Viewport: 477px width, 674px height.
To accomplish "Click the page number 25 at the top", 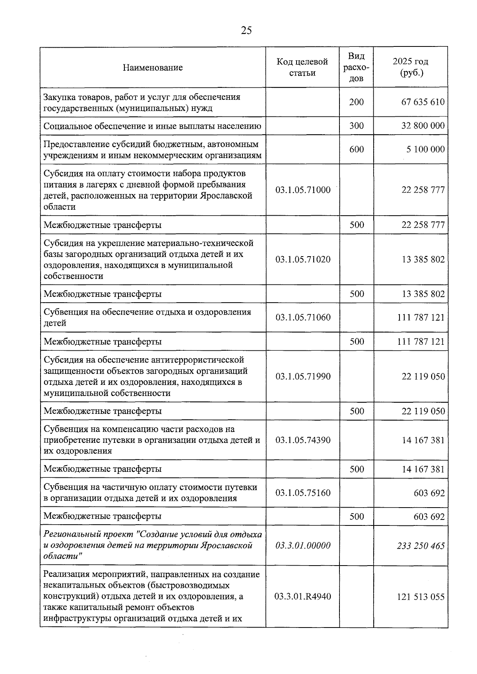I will (x=246, y=31).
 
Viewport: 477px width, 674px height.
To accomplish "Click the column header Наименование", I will (x=153, y=68).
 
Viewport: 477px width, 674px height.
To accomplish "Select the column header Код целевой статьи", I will (x=302, y=67).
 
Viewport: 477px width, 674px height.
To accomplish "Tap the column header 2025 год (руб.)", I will (x=411, y=67).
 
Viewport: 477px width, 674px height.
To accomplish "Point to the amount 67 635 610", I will (x=423, y=102).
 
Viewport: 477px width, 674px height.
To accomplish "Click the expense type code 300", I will (x=357, y=126).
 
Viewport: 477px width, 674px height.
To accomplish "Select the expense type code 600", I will (x=357, y=149).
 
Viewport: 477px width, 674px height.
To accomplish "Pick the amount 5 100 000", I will (x=425, y=149).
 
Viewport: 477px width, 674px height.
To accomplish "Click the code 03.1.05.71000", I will (x=302, y=190).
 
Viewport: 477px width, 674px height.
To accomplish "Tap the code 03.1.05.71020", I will (x=302, y=259).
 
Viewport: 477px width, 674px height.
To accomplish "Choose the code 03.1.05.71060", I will (x=302, y=317).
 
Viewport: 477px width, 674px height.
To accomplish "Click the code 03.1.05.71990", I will (x=302, y=376).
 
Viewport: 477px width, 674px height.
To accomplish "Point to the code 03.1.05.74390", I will (x=302, y=440).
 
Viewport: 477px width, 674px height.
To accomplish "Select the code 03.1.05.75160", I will (x=302, y=493).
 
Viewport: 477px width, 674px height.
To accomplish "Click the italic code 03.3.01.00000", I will (x=302, y=545).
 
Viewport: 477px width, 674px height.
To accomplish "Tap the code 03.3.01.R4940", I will (x=302, y=597).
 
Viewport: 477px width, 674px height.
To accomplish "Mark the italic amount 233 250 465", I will (x=421, y=545).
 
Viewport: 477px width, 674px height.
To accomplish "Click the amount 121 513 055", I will (x=421, y=597).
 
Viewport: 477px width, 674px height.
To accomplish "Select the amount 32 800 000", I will (x=423, y=126).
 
